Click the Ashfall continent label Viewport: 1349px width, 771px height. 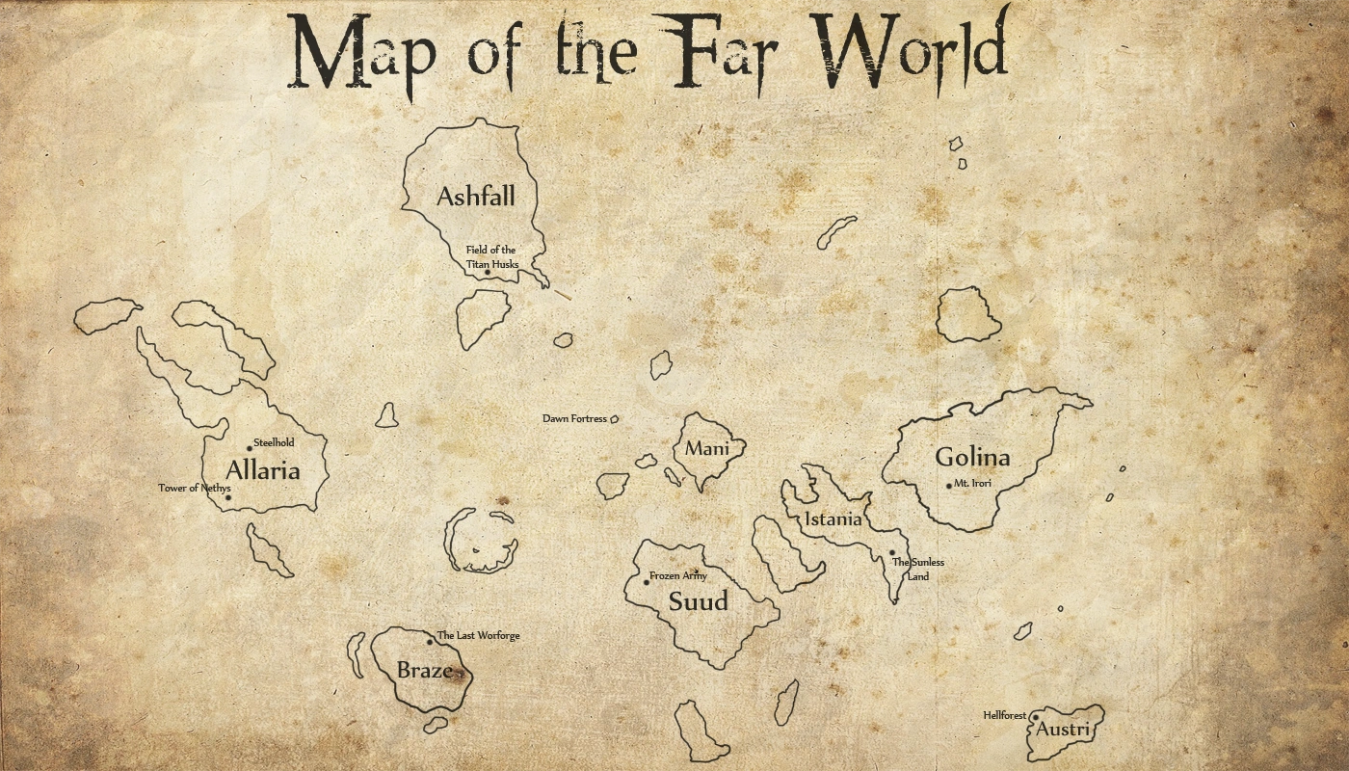point(475,197)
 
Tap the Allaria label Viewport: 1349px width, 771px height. point(262,471)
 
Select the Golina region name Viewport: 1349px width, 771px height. point(972,458)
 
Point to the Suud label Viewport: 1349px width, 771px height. point(699,602)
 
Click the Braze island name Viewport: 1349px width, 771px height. point(424,670)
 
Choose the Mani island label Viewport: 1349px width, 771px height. point(707,448)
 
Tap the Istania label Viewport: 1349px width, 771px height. point(833,519)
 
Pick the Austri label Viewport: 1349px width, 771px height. point(1062,730)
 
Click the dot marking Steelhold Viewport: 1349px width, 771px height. point(250,448)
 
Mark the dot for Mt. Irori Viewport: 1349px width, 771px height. point(948,486)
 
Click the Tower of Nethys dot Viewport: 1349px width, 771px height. point(228,497)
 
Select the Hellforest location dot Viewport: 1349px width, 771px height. point(1034,717)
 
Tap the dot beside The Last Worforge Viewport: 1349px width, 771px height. point(430,642)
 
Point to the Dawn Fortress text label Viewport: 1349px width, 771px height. point(574,419)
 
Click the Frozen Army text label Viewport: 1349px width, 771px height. point(678,575)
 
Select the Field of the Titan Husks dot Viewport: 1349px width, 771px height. point(488,273)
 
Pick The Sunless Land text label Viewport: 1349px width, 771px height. point(918,569)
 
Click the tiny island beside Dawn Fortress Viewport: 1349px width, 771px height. point(614,419)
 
